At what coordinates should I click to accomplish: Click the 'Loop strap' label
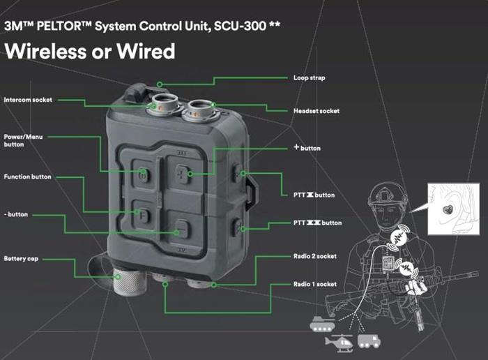click(310, 77)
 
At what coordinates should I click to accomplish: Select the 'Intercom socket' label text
click(28, 100)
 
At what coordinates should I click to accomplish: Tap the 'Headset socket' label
click(314, 111)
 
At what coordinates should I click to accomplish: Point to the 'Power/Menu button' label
click(23, 140)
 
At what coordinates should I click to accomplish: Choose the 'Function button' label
click(27, 177)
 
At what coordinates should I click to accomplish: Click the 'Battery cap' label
click(20, 258)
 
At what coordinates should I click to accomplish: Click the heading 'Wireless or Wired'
click(90, 52)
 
